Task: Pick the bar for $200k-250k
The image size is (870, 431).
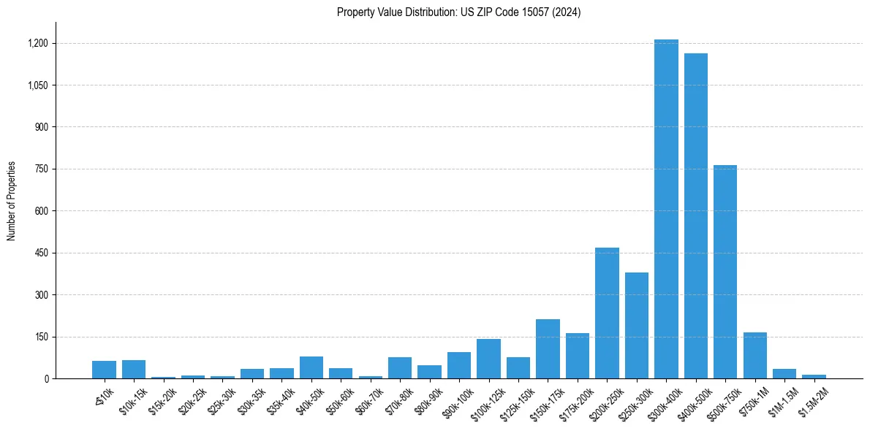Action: click(607, 313)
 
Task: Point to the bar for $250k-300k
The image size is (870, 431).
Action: click(636, 326)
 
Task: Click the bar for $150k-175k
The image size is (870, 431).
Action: click(548, 349)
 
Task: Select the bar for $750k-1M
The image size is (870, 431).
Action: click(754, 356)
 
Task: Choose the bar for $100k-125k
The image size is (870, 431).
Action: click(488, 359)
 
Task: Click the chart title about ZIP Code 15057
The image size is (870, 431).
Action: click(458, 12)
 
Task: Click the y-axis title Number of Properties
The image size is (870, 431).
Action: click(12, 201)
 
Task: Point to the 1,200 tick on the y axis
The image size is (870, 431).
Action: click(38, 43)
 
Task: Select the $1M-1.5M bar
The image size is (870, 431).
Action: click(784, 374)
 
